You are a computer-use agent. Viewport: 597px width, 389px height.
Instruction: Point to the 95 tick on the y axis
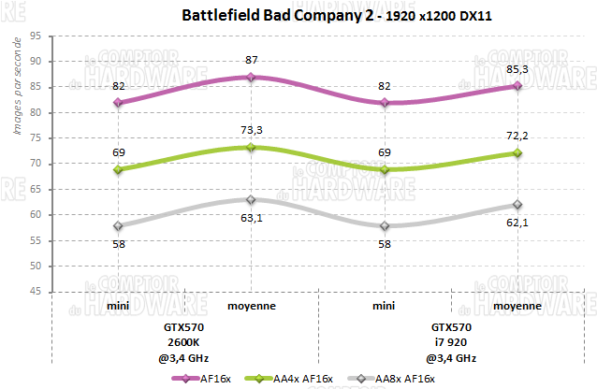[x=34, y=36]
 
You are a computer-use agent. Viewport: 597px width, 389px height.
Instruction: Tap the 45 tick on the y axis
[x=34, y=292]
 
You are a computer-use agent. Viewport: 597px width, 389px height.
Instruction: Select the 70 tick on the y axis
[x=34, y=164]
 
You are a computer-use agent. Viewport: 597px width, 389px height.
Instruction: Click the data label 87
[x=251, y=60]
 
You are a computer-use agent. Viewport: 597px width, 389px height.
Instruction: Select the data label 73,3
[x=251, y=131]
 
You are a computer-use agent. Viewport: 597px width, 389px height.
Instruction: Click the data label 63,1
[x=251, y=220]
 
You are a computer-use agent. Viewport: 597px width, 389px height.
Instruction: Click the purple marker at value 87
[x=251, y=77]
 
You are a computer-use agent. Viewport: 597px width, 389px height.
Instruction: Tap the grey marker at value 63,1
[x=251, y=199]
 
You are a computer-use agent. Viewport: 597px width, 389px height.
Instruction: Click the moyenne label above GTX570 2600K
[x=251, y=305]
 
